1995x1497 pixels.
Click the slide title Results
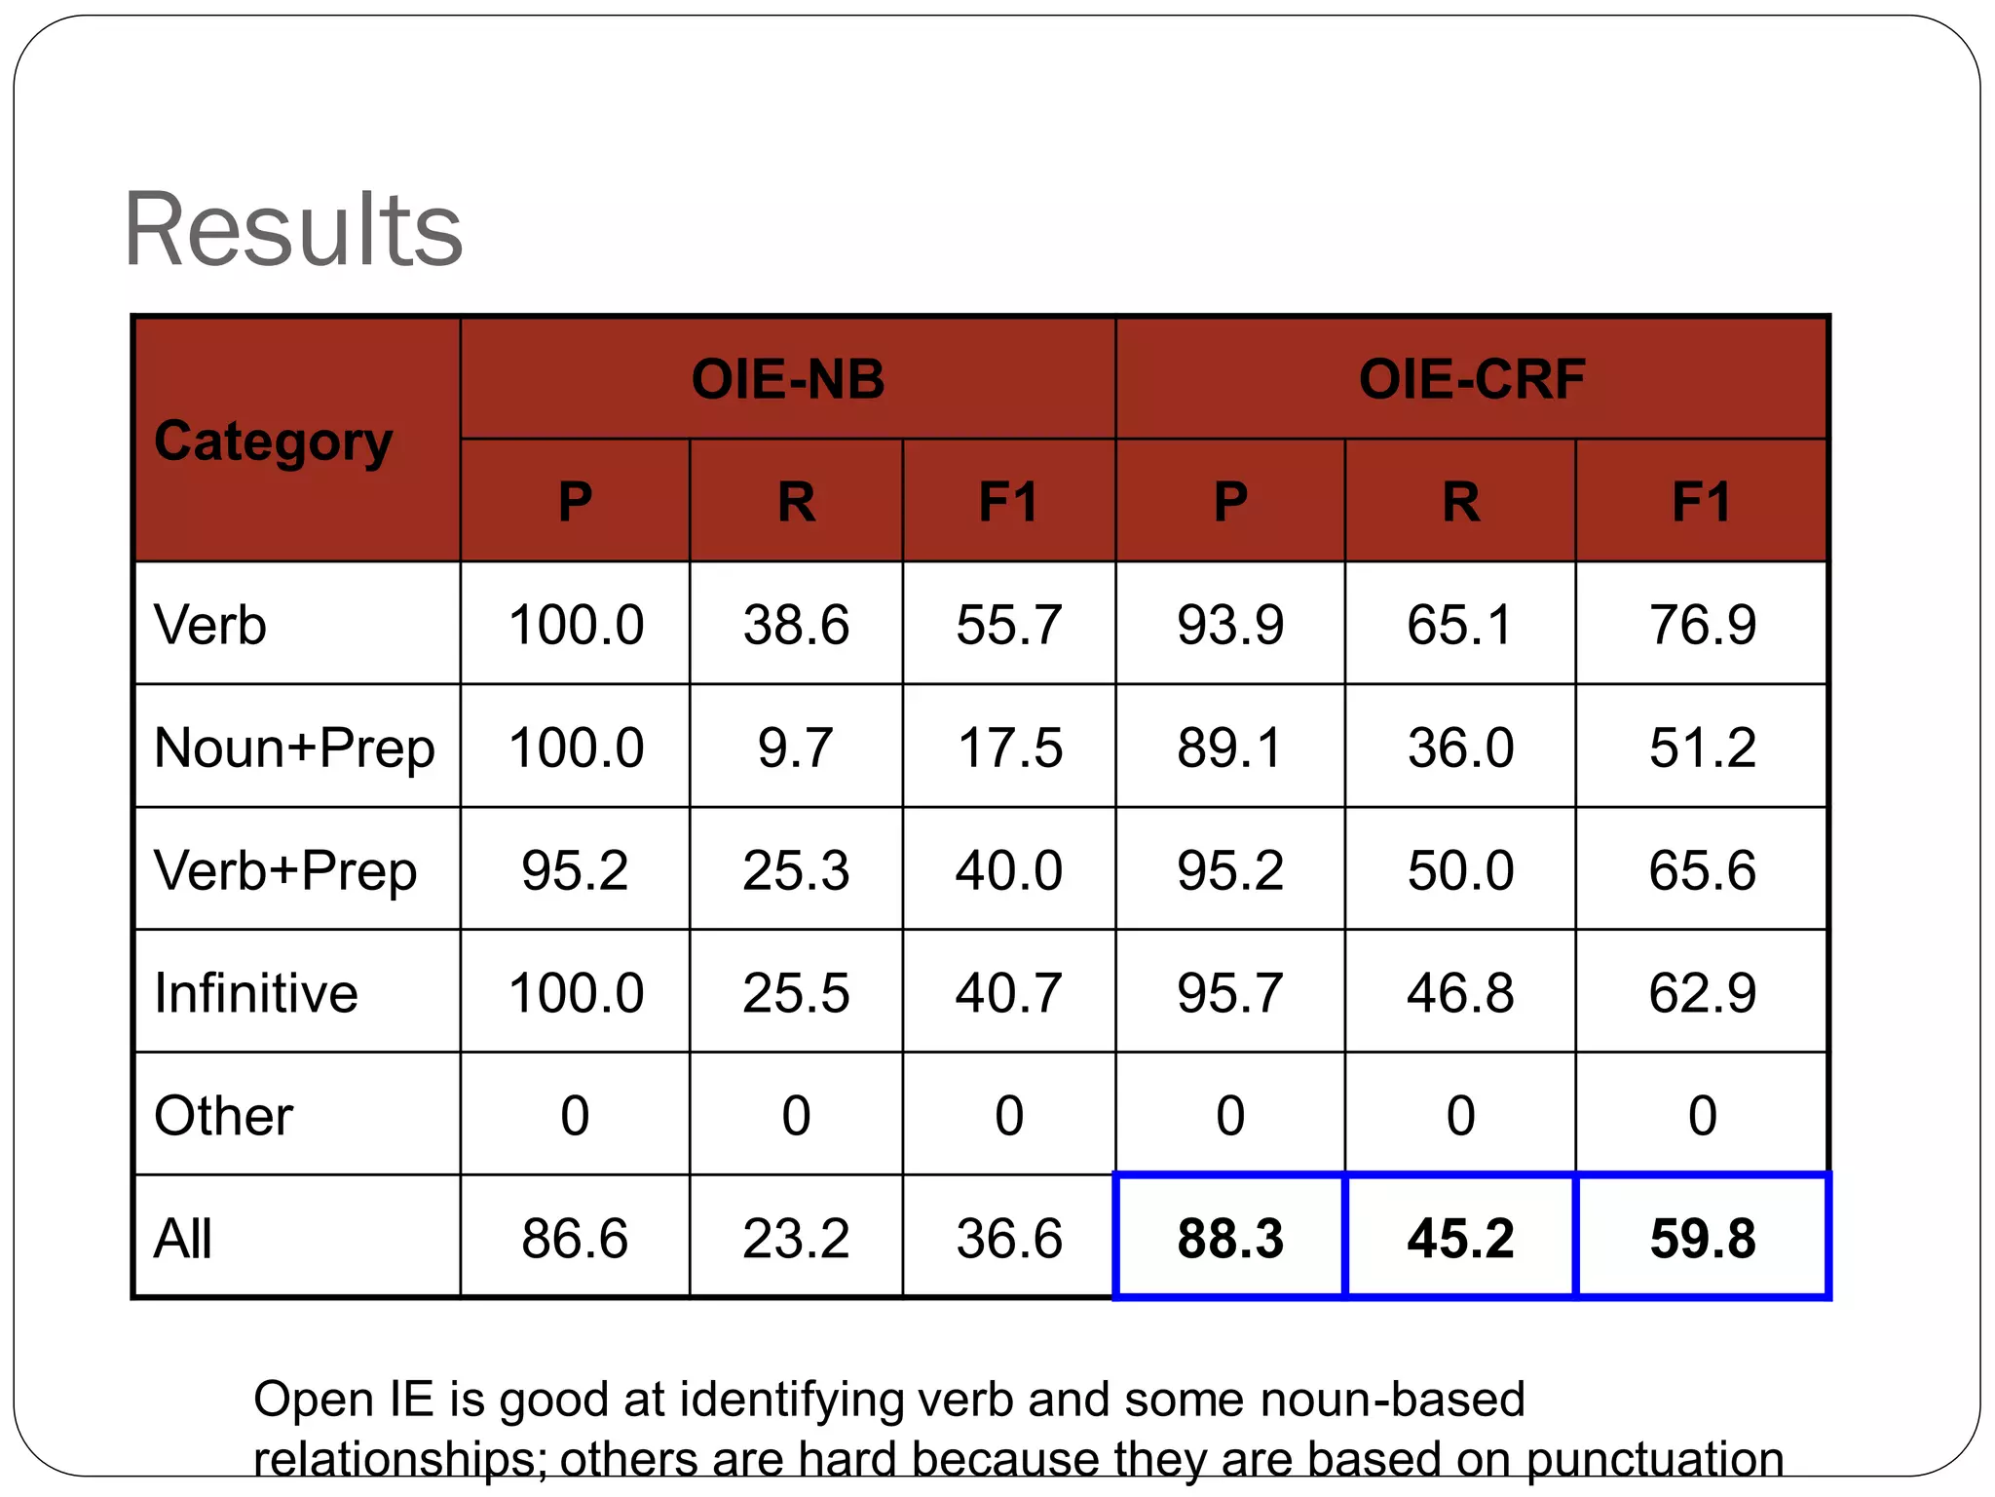click(x=292, y=230)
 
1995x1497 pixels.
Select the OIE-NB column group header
click(x=787, y=379)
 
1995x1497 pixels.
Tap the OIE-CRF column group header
click(x=1471, y=379)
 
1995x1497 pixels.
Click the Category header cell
click(x=274, y=441)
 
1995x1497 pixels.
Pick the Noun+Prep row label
click(x=294, y=748)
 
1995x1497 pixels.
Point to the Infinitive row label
click(x=256, y=993)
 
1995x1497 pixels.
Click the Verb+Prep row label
click(x=285, y=870)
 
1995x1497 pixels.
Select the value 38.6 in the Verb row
click(x=796, y=625)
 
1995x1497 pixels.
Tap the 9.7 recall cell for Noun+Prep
click(x=796, y=748)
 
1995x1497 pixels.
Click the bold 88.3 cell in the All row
click(x=1229, y=1239)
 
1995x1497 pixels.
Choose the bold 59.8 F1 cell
click(x=1702, y=1239)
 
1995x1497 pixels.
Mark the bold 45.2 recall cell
click(x=1460, y=1239)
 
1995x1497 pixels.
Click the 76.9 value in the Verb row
click(x=1702, y=625)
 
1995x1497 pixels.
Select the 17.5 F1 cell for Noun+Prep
click(x=1009, y=748)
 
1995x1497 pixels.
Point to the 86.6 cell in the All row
click(x=575, y=1239)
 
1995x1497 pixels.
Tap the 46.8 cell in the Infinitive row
click(x=1460, y=993)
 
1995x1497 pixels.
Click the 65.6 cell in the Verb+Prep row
click(x=1702, y=870)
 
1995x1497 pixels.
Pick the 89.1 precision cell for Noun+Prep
click(x=1229, y=748)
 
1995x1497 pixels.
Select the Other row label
click(x=223, y=1116)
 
